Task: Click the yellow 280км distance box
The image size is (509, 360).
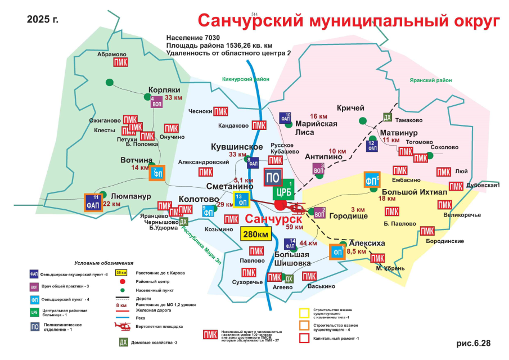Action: tap(255, 234)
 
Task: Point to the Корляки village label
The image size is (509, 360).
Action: tap(164, 89)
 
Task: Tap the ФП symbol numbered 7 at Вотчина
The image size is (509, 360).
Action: tap(157, 173)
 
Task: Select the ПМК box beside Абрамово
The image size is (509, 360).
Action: tap(120, 62)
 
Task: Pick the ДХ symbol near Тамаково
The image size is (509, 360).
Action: tap(387, 117)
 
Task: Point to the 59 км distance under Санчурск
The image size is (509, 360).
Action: tap(294, 227)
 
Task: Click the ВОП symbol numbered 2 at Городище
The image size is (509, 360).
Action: tap(319, 213)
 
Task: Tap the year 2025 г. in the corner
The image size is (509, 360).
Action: tap(43, 20)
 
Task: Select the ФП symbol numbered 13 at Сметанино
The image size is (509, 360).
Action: tap(242, 200)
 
